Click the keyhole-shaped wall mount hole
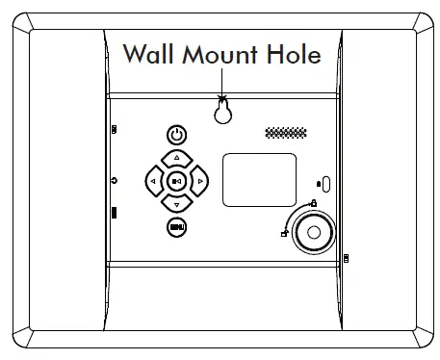(222, 112)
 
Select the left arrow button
(153, 180)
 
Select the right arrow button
(198, 180)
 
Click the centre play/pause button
(175, 180)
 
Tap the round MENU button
(175, 226)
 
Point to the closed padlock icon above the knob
(314, 202)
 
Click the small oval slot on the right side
(324, 183)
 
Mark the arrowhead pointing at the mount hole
(222, 96)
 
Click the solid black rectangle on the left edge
(114, 213)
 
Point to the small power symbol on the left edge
(114, 180)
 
